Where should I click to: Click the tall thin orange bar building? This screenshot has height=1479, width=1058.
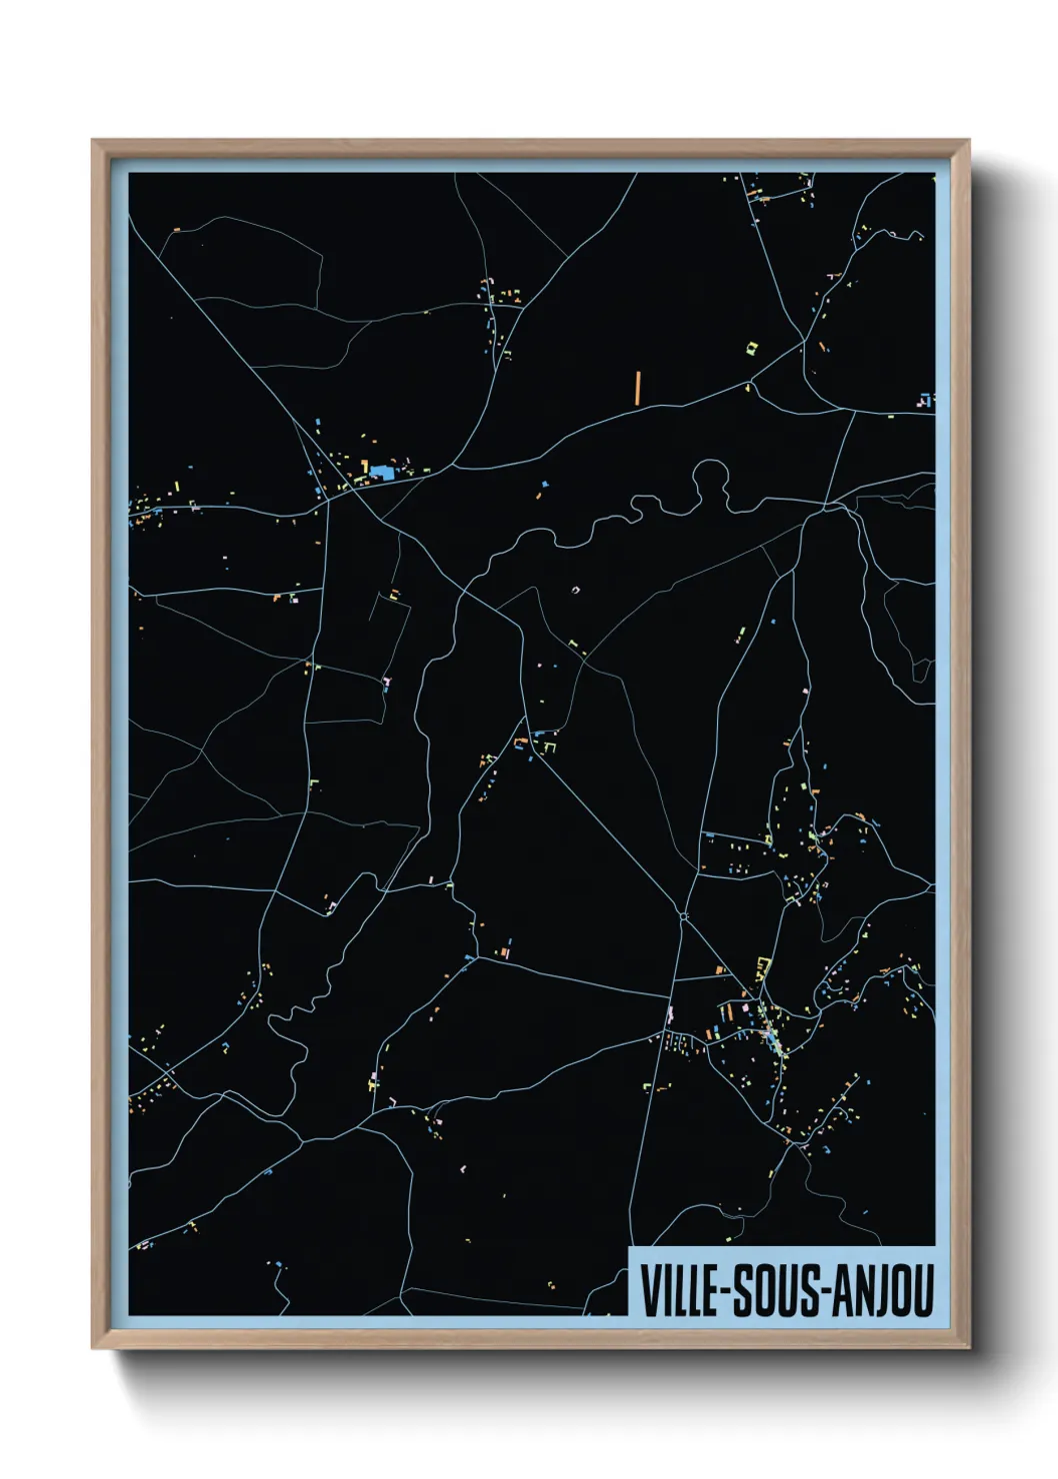[637, 387]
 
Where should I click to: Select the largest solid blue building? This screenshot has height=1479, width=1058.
[382, 471]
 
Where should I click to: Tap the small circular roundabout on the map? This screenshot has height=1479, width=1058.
[684, 914]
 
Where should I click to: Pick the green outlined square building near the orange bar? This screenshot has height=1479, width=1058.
[753, 347]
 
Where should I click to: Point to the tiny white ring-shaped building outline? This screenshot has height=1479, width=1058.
[575, 591]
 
